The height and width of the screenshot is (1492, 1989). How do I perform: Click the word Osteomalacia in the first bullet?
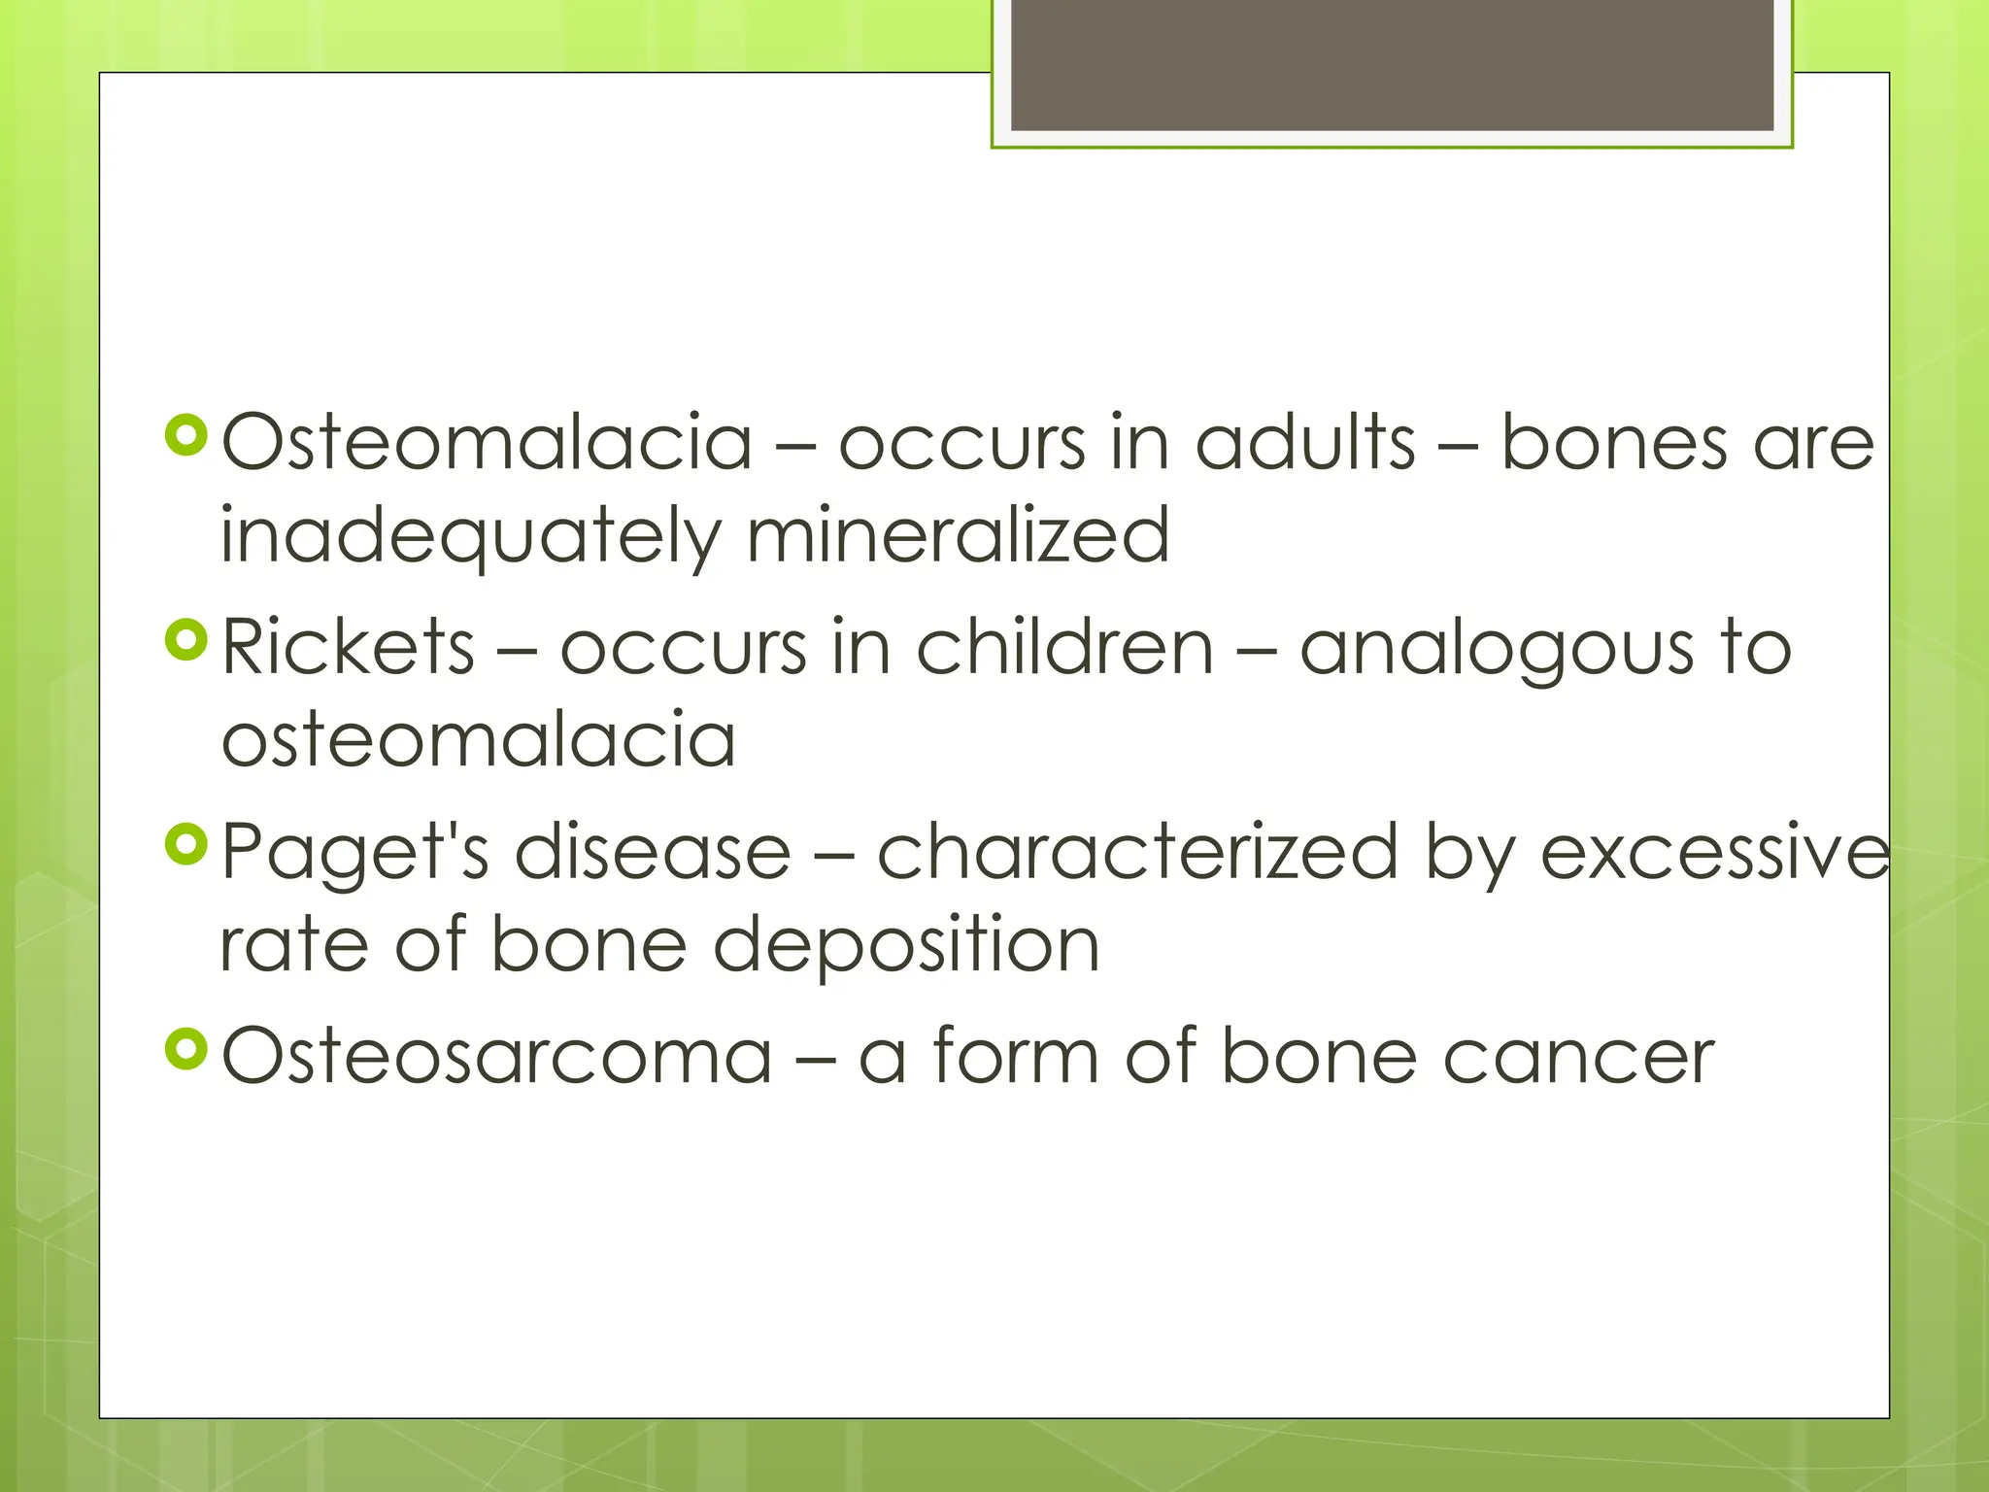click(488, 443)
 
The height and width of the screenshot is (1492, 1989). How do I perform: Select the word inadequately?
click(472, 536)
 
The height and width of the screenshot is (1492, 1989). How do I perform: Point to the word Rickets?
click(348, 647)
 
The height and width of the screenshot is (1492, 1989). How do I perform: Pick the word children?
click(1064, 647)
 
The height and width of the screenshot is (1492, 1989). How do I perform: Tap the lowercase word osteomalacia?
click(478, 740)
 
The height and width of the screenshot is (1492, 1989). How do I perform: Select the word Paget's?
click(354, 853)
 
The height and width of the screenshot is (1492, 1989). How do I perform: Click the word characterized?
click(1137, 851)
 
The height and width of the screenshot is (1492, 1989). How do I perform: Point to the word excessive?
click(1715, 851)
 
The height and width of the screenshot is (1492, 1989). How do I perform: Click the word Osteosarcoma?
click(496, 1057)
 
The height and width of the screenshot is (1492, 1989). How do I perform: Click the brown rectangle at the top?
click(1392, 64)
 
